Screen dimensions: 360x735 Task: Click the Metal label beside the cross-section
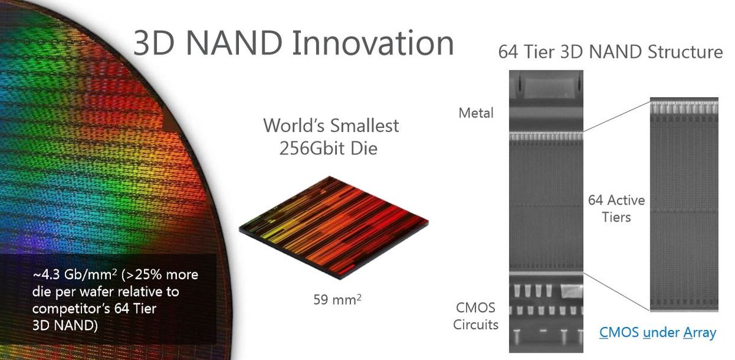coord(477,113)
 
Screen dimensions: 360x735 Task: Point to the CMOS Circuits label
coord(476,315)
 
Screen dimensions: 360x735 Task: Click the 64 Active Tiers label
coord(616,208)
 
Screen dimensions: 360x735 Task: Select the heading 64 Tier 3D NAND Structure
coord(611,51)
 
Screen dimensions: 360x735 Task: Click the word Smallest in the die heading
coord(365,126)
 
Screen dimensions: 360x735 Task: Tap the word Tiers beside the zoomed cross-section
coord(616,217)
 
